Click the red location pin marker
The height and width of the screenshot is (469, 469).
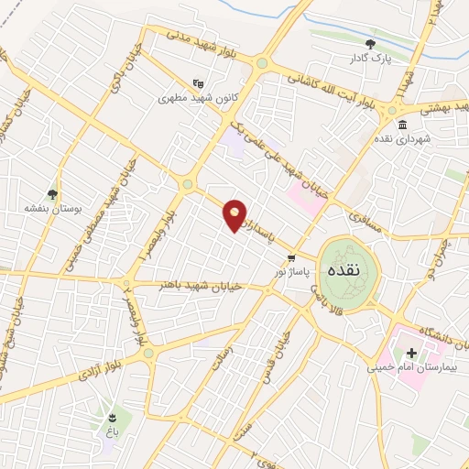tap(235, 215)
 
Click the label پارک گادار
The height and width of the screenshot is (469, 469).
tap(371, 60)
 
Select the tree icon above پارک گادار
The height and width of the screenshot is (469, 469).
tap(371, 43)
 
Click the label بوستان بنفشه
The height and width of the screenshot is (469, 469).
tap(54, 209)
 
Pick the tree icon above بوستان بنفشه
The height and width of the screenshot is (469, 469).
tap(53, 193)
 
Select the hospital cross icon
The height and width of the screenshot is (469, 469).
tap(411, 353)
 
